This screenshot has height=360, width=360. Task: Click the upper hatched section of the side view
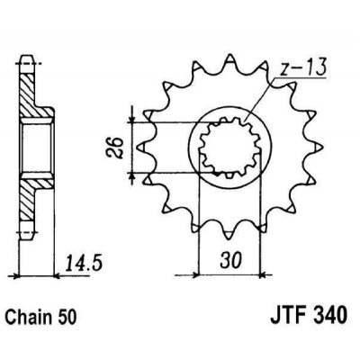[34, 99]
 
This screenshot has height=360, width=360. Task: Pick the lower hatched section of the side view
[34, 193]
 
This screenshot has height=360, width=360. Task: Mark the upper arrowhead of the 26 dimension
[135, 115]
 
